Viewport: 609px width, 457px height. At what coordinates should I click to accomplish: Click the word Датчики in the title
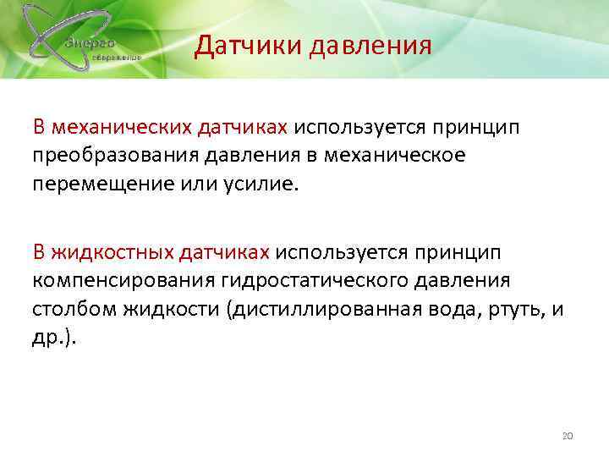[x=246, y=45]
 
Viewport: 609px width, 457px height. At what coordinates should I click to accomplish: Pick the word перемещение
[x=96, y=183]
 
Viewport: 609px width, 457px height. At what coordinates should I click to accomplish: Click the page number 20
[x=568, y=435]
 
